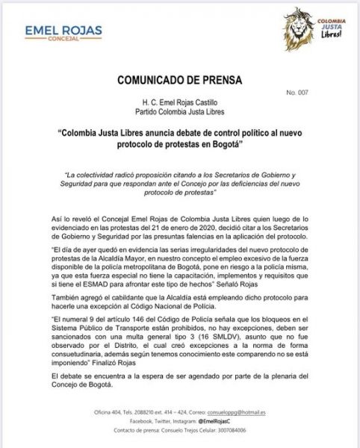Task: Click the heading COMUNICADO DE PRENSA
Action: point(179,80)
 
